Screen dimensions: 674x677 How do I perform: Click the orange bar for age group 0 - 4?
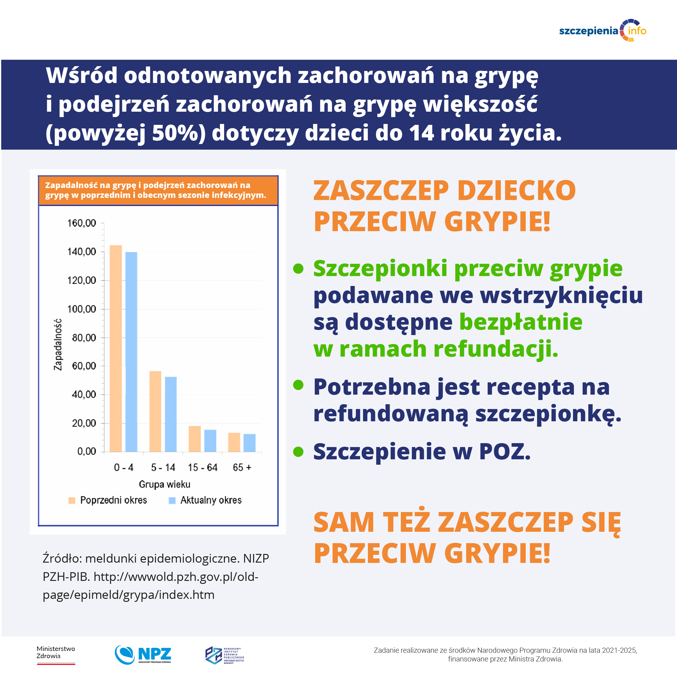click(x=116, y=348)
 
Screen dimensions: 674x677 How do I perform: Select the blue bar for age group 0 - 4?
click(x=131, y=352)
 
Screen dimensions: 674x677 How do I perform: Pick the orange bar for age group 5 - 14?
click(x=155, y=411)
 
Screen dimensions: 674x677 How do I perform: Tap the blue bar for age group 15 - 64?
click(x=210, y=440)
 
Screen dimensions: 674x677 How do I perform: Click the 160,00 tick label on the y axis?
click(x=82, y=223)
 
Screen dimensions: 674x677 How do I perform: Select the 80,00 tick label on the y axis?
click(x=84, y=338)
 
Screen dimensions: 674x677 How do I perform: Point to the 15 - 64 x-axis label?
click(x=203, y=467)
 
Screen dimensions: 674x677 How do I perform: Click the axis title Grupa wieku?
click(x=164, y=484)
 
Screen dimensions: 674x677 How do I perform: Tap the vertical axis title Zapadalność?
click(x=58, y=344)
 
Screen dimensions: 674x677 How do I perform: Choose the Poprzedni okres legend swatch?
click(x=72, y=500)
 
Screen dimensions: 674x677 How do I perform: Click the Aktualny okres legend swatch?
click(x=172, y=500)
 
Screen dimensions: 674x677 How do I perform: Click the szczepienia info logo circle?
click(x=632, y=31)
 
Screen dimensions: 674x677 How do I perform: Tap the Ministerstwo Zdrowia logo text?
click(x=56, y=652)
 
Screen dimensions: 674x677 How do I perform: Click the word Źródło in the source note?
click(x=62, y=558)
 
